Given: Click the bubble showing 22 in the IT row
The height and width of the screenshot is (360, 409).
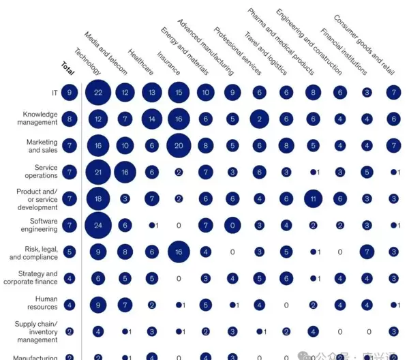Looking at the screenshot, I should click(x=98, y=92).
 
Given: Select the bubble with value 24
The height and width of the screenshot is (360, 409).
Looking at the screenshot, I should click(x=98, y=226).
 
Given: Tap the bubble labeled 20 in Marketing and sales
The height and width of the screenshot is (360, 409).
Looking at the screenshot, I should click(x=179, y=145).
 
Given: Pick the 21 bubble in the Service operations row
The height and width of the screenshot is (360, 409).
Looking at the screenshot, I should click(x=98, y=172).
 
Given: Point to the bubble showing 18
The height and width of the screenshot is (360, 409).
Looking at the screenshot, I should click(x=98, y=198).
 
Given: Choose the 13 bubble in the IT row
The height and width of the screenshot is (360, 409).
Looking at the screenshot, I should click(x=151, y=92).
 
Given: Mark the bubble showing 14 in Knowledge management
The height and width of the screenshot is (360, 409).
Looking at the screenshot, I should click(x=151, y=119).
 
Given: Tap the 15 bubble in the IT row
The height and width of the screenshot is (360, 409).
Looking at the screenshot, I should click(x=179, y=92).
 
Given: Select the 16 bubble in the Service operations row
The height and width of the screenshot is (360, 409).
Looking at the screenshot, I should click(x=125, y=172).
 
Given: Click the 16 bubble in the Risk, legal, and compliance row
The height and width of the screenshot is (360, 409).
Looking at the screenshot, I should click(x=179, y=252).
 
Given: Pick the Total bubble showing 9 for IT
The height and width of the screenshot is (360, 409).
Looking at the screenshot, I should click(x=69, y=92).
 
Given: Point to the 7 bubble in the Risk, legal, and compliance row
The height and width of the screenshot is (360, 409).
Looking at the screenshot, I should click(x=367, y=252).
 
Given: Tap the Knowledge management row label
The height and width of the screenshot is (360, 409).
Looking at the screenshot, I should click(x=40, y=119).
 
